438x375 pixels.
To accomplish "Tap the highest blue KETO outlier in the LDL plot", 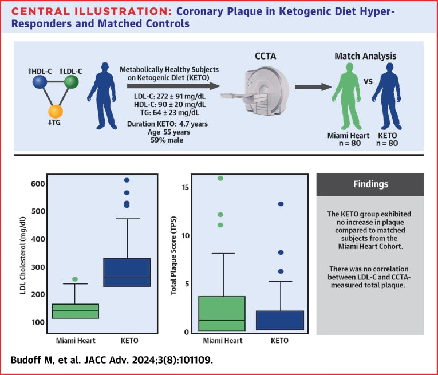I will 127,180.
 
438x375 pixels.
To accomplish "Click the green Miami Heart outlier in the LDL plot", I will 75,279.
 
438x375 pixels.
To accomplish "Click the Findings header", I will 370,185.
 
